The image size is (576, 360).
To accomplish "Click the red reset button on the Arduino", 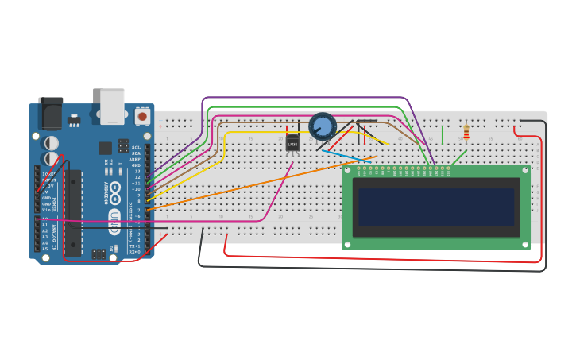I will pos(142,116).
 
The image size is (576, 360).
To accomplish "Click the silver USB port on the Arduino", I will pos(112,105).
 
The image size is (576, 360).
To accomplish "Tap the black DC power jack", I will pos(51,113).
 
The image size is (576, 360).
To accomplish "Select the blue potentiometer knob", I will pos(323,126).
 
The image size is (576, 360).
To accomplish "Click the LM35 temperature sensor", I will pos(292,142).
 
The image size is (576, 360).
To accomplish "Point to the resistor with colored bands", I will pos(466,132).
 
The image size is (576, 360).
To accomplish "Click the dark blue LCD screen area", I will pos(435,207).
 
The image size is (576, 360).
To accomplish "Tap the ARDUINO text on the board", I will pos(105,192).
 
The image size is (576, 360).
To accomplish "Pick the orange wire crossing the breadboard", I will pos(262,182).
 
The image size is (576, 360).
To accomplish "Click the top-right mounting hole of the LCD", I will pos(524,169).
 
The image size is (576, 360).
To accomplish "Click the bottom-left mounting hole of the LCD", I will pos(347,245).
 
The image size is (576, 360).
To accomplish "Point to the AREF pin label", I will pos(135,159).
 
